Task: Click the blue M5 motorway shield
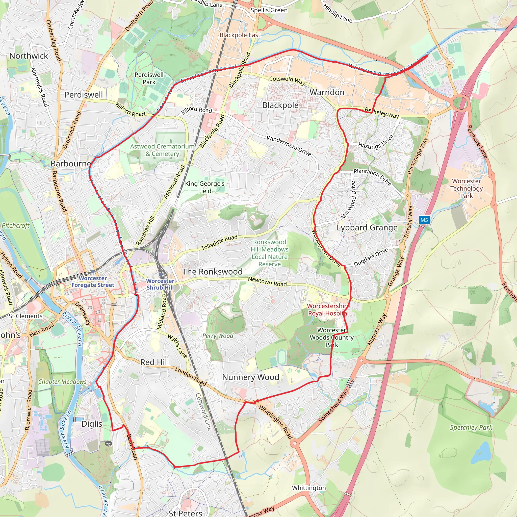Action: pos(424,220)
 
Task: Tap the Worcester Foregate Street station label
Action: pos(93,281)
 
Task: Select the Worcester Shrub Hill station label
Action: pos(160,284)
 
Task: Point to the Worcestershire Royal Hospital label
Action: pos(328,309)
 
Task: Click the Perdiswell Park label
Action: pos(149,79)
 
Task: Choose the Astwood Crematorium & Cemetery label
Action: pos(162,150)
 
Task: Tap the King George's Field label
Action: pos(205,187)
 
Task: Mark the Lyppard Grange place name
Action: pos(367,228)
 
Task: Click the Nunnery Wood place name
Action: pos(250,377)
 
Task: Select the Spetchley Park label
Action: pos(471,427)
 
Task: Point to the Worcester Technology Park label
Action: pos(467,188)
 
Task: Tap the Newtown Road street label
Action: pos(267,281)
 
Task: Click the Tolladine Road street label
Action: pos(219,242)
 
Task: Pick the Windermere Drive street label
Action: pos(289,146)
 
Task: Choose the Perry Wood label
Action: pos(218,335)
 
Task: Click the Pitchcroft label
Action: pos(15,226)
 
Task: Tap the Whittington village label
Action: pos(309,487)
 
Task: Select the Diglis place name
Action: pos(92,424)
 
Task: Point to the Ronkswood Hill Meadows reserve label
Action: pos(269,253)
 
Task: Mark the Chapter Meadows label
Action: pos(62,382)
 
